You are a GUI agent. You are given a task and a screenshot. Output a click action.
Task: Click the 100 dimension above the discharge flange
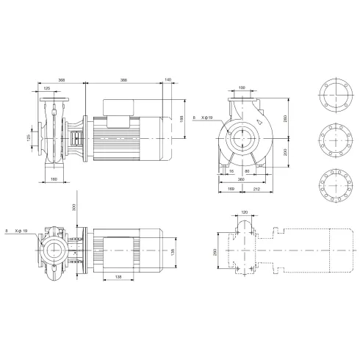242,88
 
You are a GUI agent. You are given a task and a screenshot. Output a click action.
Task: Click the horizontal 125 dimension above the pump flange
48,88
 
